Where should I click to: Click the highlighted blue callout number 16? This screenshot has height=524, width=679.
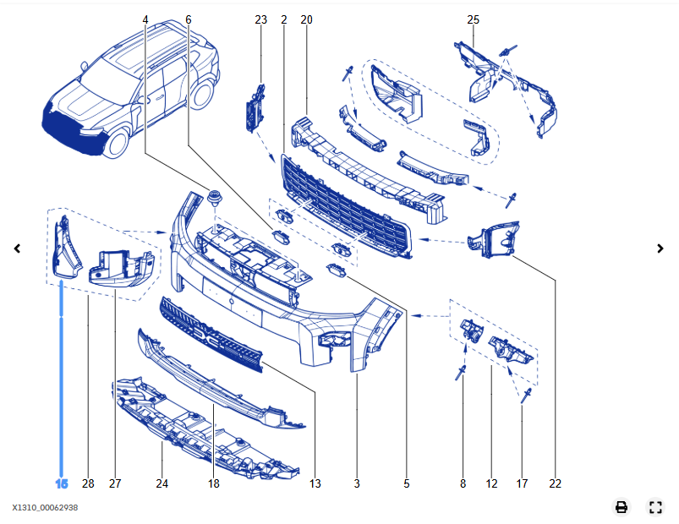62,484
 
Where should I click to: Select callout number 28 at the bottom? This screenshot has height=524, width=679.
88,484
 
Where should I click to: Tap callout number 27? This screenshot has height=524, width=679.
115,484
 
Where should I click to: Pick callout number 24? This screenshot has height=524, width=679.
162,484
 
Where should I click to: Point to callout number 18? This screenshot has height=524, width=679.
213,484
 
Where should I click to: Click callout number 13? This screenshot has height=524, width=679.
315,484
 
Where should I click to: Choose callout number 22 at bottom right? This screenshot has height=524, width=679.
555,484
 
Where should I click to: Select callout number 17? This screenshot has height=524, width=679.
522,484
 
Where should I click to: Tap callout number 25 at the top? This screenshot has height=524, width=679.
473,19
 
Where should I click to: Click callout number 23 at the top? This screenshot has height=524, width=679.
260,19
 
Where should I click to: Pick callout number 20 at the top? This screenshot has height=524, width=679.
306,19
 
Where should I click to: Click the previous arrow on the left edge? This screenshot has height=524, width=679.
17,248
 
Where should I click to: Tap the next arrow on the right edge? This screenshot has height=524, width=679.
661,248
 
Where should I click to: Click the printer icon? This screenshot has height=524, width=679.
622,507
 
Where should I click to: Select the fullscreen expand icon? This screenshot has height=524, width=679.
654,507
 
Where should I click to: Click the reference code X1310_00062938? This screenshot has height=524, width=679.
45,508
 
